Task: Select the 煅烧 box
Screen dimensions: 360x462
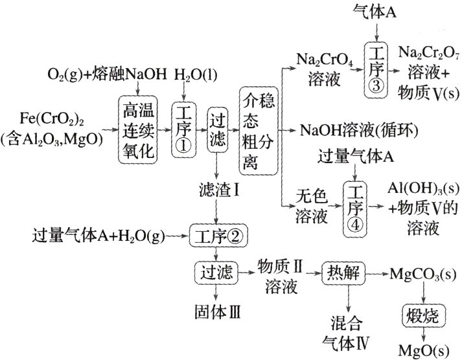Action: click(422, 315)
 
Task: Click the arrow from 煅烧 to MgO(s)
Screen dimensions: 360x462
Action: click(422, 334)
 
